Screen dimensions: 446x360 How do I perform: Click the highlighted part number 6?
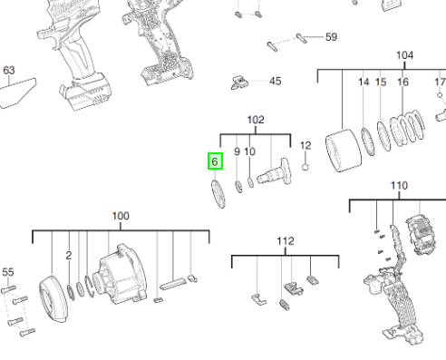pos(215,161)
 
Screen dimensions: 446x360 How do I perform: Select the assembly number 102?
pos(256,120)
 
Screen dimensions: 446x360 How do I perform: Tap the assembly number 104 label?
pos(404,55)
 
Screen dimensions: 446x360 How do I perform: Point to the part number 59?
pos(331,37)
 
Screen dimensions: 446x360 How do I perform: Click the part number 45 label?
pos(276,81)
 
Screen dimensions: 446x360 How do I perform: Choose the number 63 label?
pos(9,71)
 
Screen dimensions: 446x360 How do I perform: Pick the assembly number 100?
pos(121,216)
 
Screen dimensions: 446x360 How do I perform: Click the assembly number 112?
pos(286,241)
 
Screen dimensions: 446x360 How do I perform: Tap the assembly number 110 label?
pos(399,185)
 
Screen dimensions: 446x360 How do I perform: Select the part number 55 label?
pos(8,272)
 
